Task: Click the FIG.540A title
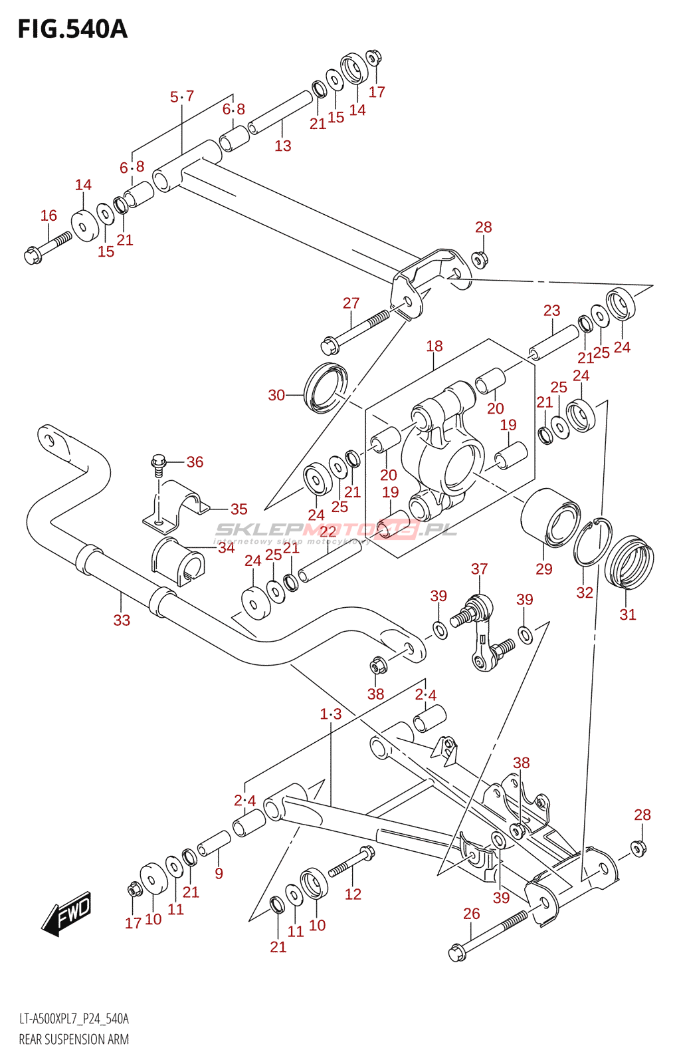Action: coord(72,29)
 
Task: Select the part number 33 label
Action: coord(122,620)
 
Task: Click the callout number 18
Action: coord(434,346)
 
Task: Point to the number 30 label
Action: coord(276,395)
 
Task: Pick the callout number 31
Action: coord(627,614)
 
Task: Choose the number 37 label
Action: coord(479,569)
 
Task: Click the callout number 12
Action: coord(353,894)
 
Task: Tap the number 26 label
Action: coord(471,914)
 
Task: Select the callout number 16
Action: coord(48,215)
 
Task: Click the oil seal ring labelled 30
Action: coord(326,387)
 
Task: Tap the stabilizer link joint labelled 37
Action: coord(478,632)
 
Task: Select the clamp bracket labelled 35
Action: coord(176,505)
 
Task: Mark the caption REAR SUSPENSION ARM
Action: coord(74,1039)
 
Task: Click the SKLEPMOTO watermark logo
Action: coord(336,530)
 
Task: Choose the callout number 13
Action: coord(283,146)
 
